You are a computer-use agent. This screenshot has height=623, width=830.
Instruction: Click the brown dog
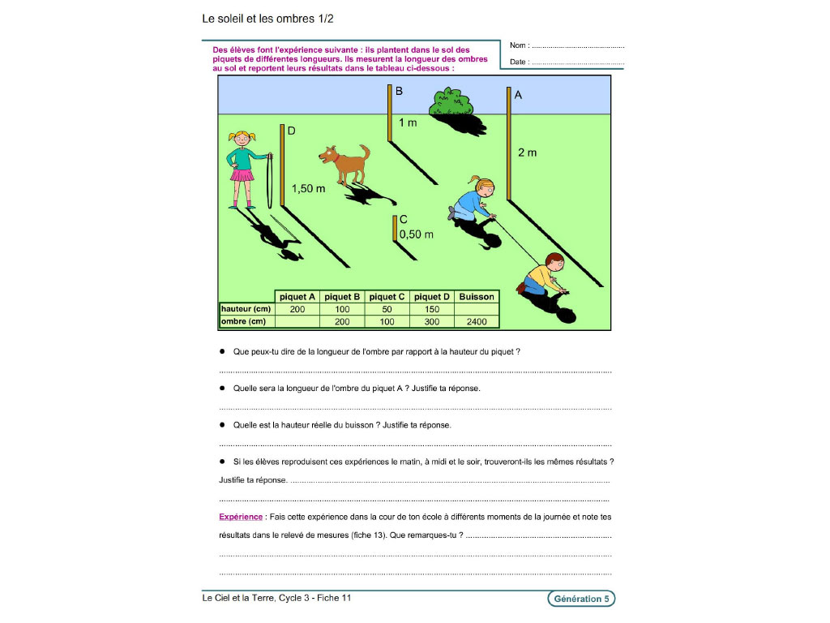coord(345,164)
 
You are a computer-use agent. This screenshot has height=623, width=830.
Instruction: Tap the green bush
coord(451,103)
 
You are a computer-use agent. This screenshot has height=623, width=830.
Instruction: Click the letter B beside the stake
coord(399,91)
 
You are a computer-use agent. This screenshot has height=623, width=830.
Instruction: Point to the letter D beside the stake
coord(291,131)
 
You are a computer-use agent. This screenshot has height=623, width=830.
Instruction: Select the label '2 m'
coord(527,153)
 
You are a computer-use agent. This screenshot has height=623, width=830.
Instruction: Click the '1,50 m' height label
coord(309,188)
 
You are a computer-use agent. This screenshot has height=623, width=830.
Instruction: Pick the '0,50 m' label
coord(417,234)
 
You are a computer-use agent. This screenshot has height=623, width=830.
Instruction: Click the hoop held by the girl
coord(269,181)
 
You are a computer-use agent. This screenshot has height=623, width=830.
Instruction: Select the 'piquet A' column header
coord(297,297)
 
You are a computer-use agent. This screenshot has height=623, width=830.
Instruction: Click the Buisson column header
coord(477,297)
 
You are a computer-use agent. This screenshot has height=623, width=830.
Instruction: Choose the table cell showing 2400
coord(477,321)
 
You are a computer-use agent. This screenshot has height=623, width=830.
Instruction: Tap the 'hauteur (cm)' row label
coord(246,309)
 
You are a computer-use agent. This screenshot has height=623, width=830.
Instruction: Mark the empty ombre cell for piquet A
coord(297,321)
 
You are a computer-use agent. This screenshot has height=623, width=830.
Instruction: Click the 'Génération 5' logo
coord(581,599)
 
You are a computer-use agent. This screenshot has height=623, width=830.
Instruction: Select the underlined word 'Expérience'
coord(241,517)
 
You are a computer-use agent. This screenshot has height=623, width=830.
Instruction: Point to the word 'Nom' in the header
coord(518,45)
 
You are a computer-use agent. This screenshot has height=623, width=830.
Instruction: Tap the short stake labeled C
coord(395,228)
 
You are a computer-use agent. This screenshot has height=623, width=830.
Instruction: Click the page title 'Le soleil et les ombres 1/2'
coord(267,19)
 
